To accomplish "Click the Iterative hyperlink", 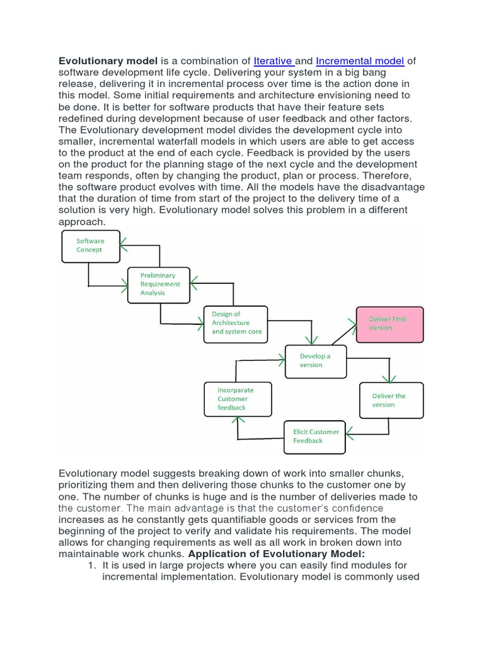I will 273,61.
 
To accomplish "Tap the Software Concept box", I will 90,245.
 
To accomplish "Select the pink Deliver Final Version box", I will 389,324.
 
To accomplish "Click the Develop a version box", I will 316,360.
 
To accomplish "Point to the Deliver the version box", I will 390,401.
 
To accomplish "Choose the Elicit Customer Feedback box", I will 314,437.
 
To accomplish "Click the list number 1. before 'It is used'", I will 91,565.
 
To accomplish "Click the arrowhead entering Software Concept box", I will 124,240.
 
